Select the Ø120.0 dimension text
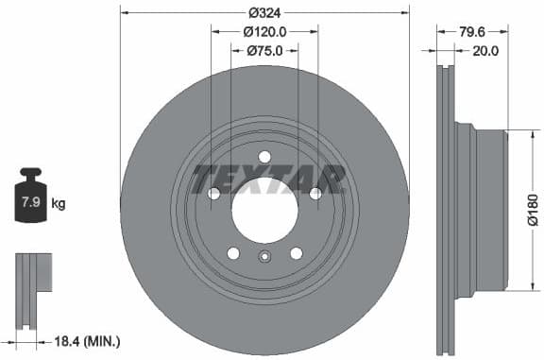(x=264, y=31)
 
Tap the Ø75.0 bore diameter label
(x=264, y=51)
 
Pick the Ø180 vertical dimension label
(x=533, y=207)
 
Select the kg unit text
(x=59, y=203)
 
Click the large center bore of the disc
(x=264, y=208)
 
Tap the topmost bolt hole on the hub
(x=264, y=157)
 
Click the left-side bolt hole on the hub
(x=214, y=194)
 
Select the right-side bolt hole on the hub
(x=314, y=194)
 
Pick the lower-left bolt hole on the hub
(x=233, y=253)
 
